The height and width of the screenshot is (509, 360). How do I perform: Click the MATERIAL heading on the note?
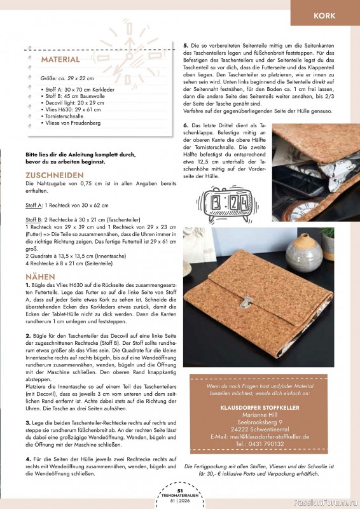(x=60, y=59)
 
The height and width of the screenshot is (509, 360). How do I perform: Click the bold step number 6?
(x=186, y=125)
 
